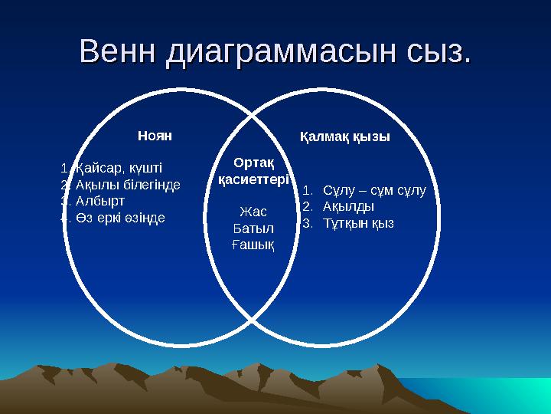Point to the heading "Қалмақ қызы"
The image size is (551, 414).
344,136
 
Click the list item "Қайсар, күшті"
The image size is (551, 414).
119,168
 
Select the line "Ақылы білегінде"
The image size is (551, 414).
127,185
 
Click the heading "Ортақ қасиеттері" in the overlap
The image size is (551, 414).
253,171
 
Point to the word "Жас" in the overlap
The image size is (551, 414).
253,211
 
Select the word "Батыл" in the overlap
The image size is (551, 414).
253,228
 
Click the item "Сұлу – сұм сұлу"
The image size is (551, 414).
374,189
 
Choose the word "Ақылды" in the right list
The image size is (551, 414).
348,206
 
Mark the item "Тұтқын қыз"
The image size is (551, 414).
358,223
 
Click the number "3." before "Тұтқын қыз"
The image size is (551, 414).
308,223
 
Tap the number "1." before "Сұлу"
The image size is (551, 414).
308,189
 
